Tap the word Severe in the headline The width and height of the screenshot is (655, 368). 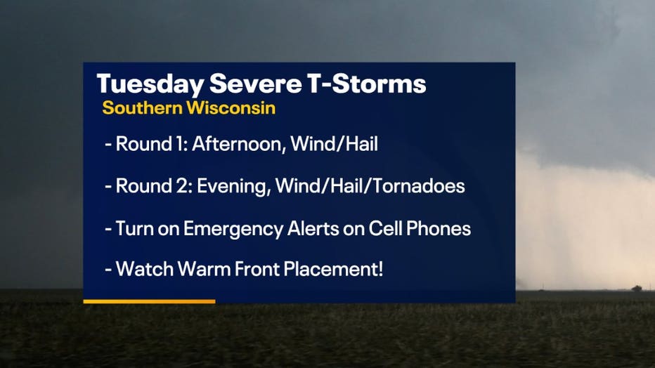pos(255,84)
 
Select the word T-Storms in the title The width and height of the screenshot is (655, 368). pos(367,84)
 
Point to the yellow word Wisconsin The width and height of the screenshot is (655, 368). pos(231,107)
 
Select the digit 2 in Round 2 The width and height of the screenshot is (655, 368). pos(183,185)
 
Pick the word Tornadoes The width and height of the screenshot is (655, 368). pos(419,185)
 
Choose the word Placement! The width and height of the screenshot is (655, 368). pos(333,270)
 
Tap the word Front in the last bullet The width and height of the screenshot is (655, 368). pos(257,269)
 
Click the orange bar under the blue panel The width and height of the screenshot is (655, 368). pos(149,301)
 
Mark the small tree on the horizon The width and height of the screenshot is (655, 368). pos(637,288)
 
